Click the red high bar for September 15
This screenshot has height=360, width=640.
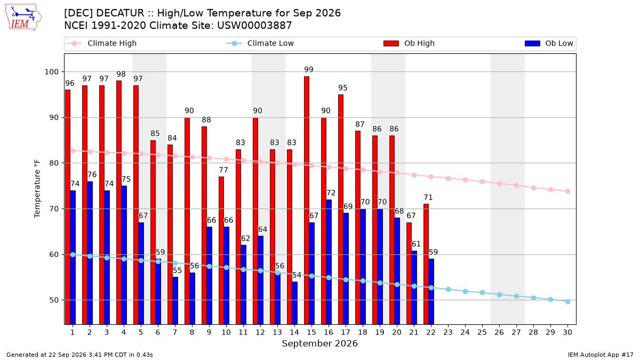(307, 201)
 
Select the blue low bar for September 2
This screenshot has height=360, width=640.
(90, 253)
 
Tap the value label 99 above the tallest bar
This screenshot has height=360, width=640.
(309, 69)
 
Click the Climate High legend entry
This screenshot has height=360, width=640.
(102, 43)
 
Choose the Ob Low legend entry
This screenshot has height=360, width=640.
(549, 43)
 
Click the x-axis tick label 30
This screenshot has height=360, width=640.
(567, 332)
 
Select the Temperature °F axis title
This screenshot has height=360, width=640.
(37, 189)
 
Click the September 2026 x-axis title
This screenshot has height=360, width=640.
(319, 343)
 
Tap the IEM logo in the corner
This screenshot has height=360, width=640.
(23, 18)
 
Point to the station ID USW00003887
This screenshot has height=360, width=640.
(254, 26)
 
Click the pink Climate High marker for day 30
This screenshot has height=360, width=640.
(567, 191)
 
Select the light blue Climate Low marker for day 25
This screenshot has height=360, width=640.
(482, 293)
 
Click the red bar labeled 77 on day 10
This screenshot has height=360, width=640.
(221, 251)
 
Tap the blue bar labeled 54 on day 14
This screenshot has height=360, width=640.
(295, 303)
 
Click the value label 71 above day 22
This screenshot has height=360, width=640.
(428, 197)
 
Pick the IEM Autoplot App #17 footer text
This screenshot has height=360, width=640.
(601, 355)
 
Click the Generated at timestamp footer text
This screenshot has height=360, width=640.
(79, 355)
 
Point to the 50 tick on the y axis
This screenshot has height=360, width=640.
(54, 300)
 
